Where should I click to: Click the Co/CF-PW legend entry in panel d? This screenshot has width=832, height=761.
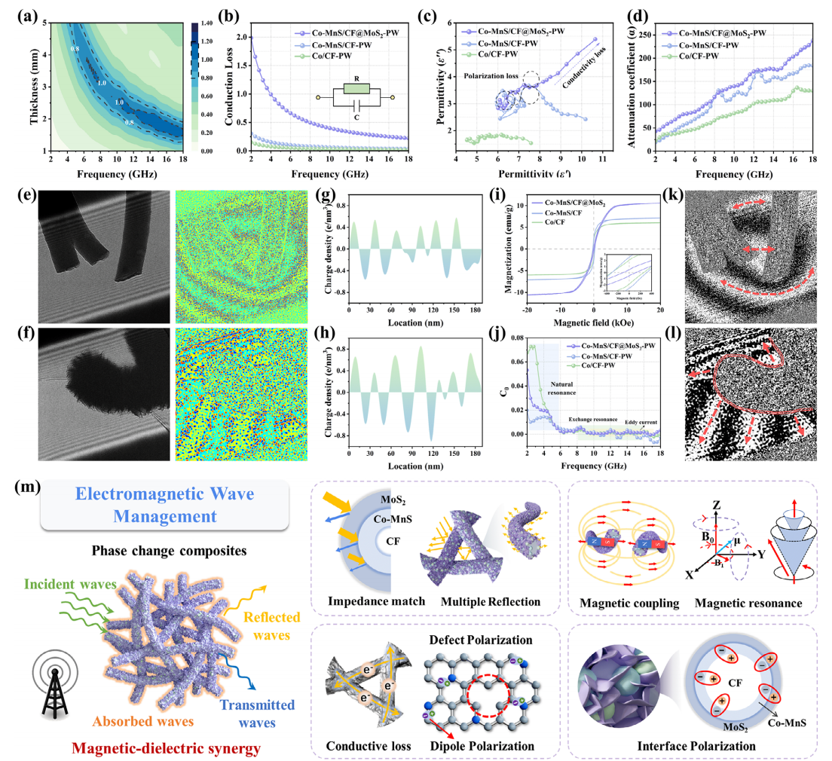click(696, 57)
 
